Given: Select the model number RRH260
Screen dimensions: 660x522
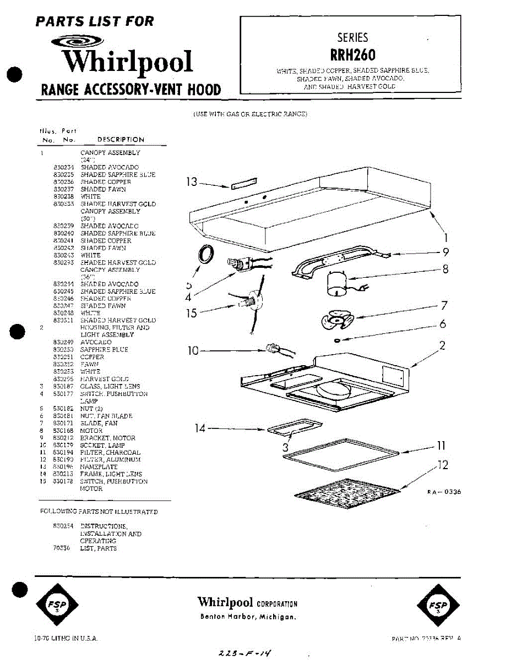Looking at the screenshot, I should click(352, 55).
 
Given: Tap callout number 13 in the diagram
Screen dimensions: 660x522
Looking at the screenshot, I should click(191, 182).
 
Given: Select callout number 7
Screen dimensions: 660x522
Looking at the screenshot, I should click(444, 306).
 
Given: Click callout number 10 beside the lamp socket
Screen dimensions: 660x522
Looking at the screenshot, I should click(193, 350).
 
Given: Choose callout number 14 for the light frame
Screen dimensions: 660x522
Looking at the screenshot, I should click(200, 428).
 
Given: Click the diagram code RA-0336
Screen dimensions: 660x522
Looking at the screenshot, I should click(444, 492).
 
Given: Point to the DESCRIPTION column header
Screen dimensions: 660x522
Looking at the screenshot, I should click(121, 140).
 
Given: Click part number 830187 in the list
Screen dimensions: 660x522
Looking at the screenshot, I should click(61, 387).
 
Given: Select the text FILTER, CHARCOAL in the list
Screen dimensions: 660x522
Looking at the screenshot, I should click(110, 452).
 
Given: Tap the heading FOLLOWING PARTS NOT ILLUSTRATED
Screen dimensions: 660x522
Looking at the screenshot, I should click(99, 512).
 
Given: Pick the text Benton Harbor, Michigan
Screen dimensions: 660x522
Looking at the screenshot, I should click(248, 617).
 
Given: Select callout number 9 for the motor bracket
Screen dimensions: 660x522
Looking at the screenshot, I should click(445, 252).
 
